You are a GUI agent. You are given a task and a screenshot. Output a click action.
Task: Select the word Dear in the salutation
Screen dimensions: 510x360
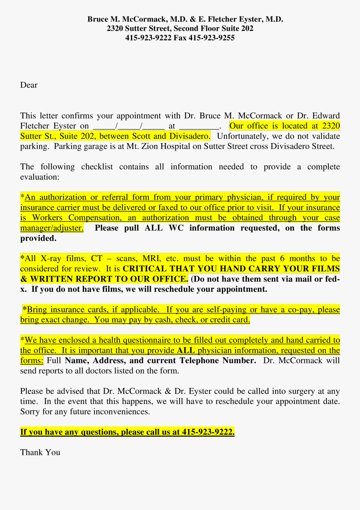tap(29, 85)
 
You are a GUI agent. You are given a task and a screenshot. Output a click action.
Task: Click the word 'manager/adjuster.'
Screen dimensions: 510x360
tap(52, 228)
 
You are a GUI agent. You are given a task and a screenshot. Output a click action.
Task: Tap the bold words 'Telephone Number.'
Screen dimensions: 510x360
tap(218, 361)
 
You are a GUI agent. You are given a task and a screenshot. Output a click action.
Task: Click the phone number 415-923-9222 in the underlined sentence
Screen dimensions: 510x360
tap(208, 432)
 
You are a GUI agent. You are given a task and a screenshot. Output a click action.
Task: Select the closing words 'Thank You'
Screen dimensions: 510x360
tap(40, 452)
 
